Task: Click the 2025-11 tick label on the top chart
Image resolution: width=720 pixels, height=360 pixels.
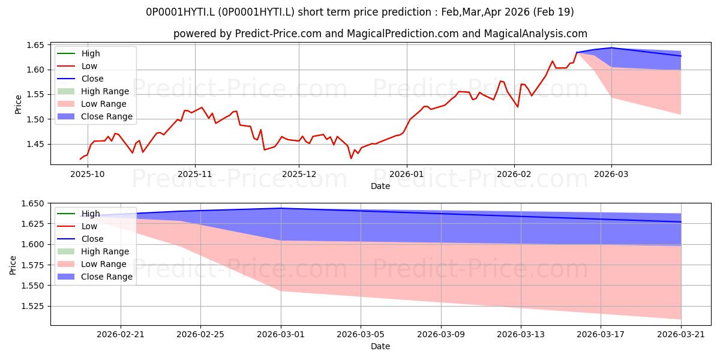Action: pyautogui.click(x=195, y=174)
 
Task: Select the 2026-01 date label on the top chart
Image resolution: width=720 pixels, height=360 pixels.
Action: pyautogui.click(x=407, y=174)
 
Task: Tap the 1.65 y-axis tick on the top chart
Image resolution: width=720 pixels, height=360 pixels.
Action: pyautogui.click(x=35, y=45)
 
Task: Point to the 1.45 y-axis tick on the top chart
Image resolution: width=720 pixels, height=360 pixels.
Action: pyautogui.click(x=35, y=144)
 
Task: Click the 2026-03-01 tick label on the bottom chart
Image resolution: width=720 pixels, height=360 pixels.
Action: pyautogui.click(x=281, y=335)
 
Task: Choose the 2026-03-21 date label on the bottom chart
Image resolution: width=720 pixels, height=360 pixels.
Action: pyautogui.click(x=681, y=335)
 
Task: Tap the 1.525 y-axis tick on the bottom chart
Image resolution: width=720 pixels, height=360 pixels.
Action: pyautogui.click(x=32, y=306)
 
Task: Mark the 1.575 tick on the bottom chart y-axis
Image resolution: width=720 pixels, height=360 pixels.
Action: pyautogui.click(x=32, y=265)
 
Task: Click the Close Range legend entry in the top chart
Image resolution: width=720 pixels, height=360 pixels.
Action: pyautogui.click(x=95, y=116)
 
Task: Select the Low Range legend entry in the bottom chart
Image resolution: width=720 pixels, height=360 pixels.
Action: pyautogui.click(x=92, y=264)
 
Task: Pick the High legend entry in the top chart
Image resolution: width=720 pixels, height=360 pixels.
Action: pyautogui.click(x=79, y=53)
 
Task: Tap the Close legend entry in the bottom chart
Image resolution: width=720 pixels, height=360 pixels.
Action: pyautogui.click(x=80, y=239)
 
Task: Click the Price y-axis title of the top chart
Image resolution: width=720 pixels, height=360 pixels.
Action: pyautogui.click(x=18, y=104)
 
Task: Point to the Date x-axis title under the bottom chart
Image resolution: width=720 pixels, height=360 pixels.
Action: pyautogui.click(x=380, y=347)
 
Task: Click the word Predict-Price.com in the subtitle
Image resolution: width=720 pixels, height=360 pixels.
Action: pyautogui.click(x=278, y=34)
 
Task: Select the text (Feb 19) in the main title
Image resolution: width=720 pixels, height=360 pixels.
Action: pyautogui.click(x=553, y=12)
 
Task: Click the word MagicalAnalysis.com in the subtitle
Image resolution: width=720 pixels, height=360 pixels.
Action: pyautogui.click(x=535, y=34)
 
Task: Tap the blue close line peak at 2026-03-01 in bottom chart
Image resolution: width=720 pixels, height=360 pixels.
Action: pyautogui.click(x=281, y=208)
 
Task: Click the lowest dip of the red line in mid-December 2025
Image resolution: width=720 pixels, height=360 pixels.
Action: pyautogui.click(x=351, y=158)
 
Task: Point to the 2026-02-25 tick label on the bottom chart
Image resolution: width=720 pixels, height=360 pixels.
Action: pyautogui.click(x=200, y=335)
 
